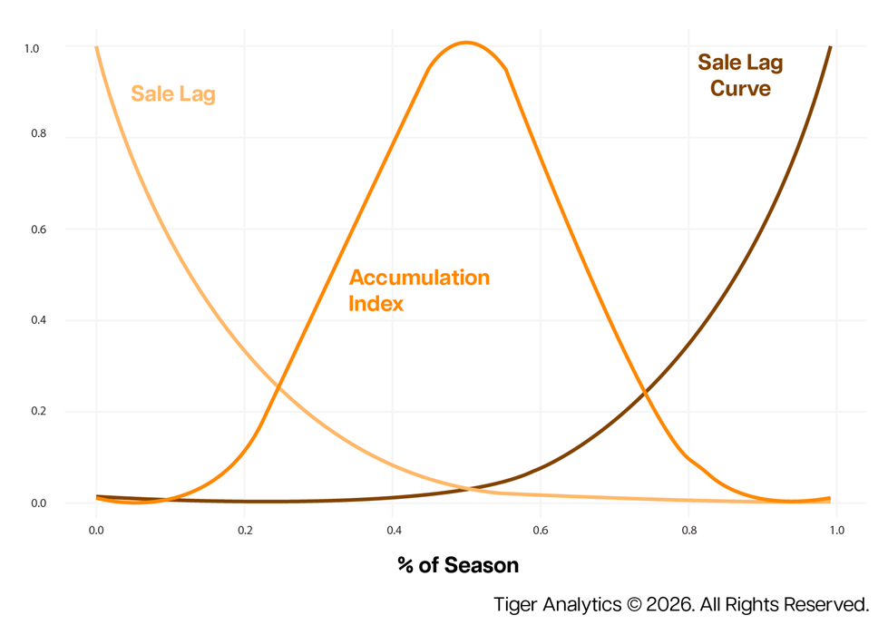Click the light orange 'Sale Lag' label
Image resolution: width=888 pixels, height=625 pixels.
173,93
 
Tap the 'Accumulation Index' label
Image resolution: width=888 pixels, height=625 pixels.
419,289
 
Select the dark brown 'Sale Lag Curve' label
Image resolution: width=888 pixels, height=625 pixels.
740,75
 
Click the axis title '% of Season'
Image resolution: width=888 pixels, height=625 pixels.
458,566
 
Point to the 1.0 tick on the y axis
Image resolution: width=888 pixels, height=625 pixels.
32,47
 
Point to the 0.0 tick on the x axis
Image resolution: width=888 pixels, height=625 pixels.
96,530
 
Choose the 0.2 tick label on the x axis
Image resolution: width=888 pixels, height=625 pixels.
244,530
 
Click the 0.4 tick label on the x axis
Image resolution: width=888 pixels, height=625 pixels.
393,530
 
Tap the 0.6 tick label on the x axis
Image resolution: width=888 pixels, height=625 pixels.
541,530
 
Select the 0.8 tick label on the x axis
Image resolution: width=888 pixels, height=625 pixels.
689,530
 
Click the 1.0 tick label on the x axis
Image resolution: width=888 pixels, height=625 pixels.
836,530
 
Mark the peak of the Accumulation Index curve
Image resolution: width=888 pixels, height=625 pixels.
465,42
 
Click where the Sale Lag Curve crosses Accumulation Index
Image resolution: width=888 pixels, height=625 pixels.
645,393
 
